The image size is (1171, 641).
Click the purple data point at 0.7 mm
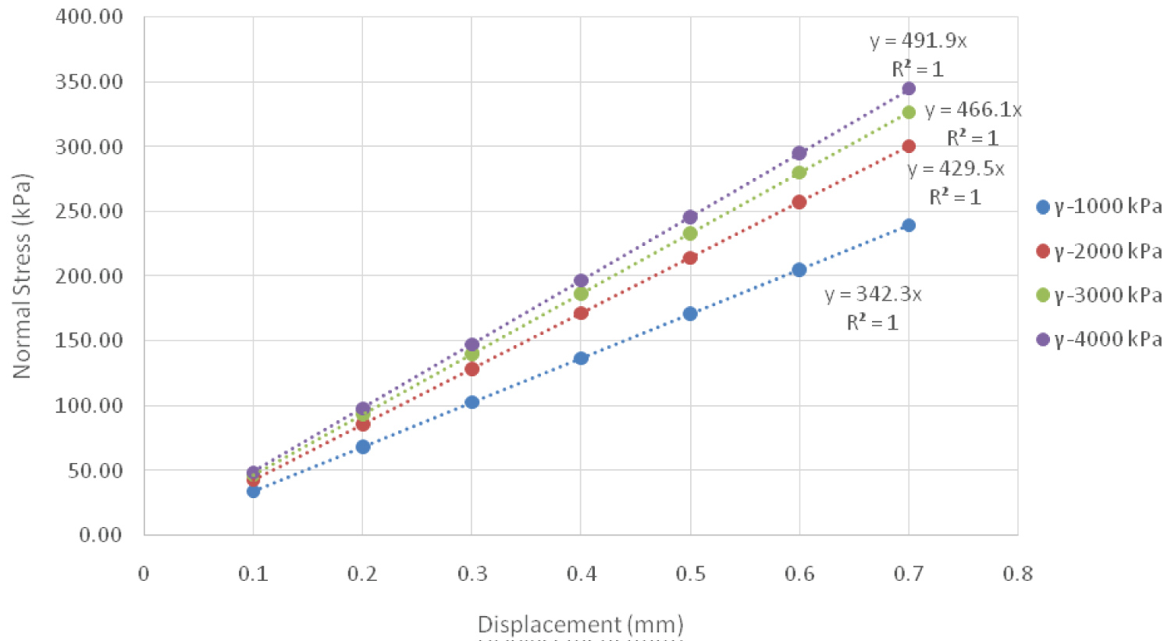(908, 89)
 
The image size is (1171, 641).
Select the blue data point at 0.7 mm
(908, 226)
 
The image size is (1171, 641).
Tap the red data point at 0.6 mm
(799, 202)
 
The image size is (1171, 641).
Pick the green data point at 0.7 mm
(908, 112)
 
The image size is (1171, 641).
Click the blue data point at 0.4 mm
(581, 358)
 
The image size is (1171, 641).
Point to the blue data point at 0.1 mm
(253, 491)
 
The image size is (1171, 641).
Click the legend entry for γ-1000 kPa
(1098, 208)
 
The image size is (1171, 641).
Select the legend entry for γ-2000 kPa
(1098, 251)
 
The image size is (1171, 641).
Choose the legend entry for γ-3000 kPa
(1098, 295)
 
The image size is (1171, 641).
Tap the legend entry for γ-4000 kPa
(1098, 339)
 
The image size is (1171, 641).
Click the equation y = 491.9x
(918, 41)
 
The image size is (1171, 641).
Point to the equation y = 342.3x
(873, 295)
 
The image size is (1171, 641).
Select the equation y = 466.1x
(973, 110)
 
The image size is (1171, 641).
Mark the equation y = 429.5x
(956, 169)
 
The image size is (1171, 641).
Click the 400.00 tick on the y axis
(89, 16)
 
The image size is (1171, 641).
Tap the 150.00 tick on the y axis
(89, 340)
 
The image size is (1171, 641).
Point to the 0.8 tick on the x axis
(1017, 575)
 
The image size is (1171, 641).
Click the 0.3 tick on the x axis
(472, 575)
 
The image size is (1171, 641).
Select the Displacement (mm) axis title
(580, 625)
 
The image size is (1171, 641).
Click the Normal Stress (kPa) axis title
(22, 276)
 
